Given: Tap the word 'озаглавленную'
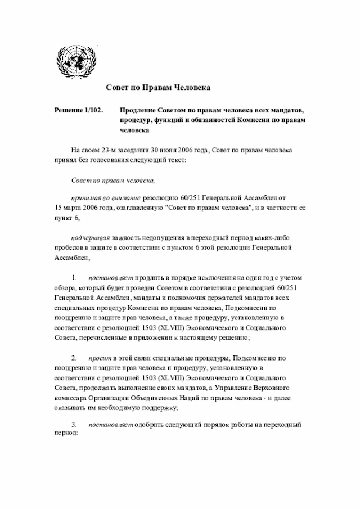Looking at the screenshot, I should [140, 208].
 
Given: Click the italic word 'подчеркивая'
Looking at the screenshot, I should [90, 237].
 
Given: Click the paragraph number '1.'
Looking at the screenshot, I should [74, 278].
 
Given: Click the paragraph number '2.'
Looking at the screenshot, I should [74, 358].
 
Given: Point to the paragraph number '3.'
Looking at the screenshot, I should [74, 424].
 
